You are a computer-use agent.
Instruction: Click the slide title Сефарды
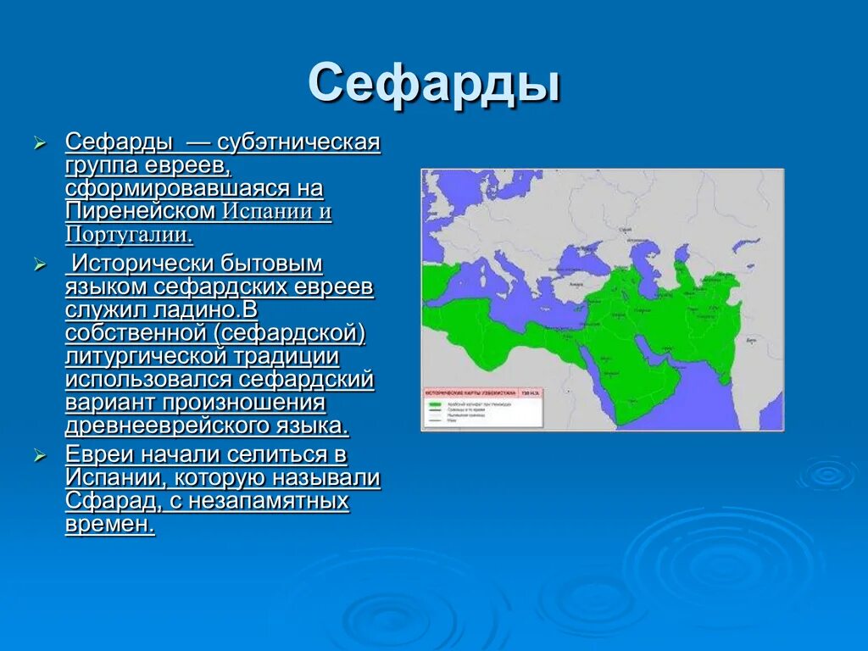pos(433,83)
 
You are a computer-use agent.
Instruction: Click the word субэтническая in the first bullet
pos(298,141)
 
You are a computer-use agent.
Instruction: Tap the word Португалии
pos(129,234)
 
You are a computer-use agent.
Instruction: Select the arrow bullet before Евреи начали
pos(39,456)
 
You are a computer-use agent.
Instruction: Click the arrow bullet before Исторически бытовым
pos(39,265)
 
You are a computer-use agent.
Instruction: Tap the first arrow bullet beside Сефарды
pos(39,143)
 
